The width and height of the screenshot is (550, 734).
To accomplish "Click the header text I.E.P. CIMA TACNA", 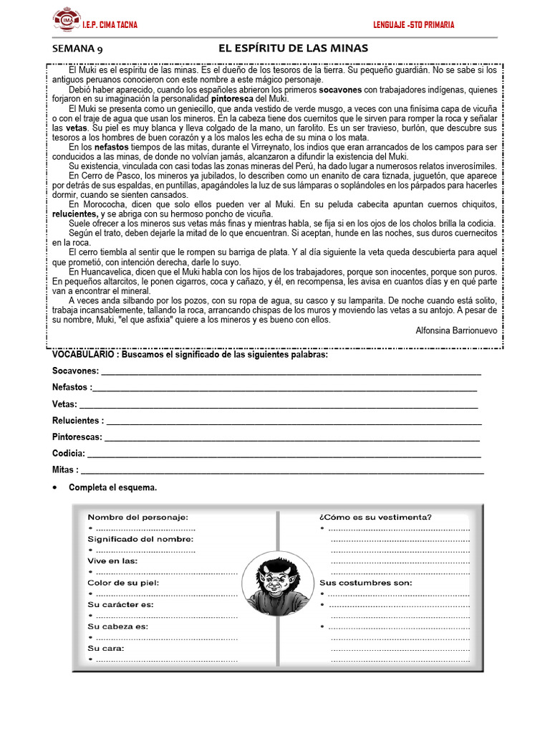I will click(x=110, y=25).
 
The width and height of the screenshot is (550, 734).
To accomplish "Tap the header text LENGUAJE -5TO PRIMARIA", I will click(x=413, y=25).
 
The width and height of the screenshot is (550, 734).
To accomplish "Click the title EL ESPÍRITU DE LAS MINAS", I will click(x=293, y=48).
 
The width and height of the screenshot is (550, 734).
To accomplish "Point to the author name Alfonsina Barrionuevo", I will click(x=456, y=330).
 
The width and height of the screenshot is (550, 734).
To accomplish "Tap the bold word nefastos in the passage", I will click(x=112, y=147).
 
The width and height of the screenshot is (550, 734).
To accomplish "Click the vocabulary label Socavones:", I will click(x=75, y=371).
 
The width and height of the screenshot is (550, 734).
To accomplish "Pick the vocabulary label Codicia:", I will click(x=69, y=454).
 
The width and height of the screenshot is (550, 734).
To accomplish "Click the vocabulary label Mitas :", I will click(x=65, y=470).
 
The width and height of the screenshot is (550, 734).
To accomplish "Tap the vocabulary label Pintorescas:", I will click(x=77, y=437).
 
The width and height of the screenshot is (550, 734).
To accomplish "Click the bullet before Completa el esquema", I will click(x=56, y=488).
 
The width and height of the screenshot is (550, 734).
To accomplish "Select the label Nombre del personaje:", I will click(x=137, y=517).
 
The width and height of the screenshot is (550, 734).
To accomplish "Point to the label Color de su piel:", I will click(x=123, y=583).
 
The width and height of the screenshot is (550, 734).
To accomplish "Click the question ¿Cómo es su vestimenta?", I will click(x=375, y=517).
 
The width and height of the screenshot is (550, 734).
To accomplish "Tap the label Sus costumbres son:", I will click(x=365, y=583).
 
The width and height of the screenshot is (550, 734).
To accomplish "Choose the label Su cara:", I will click(x=106, y=649).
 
